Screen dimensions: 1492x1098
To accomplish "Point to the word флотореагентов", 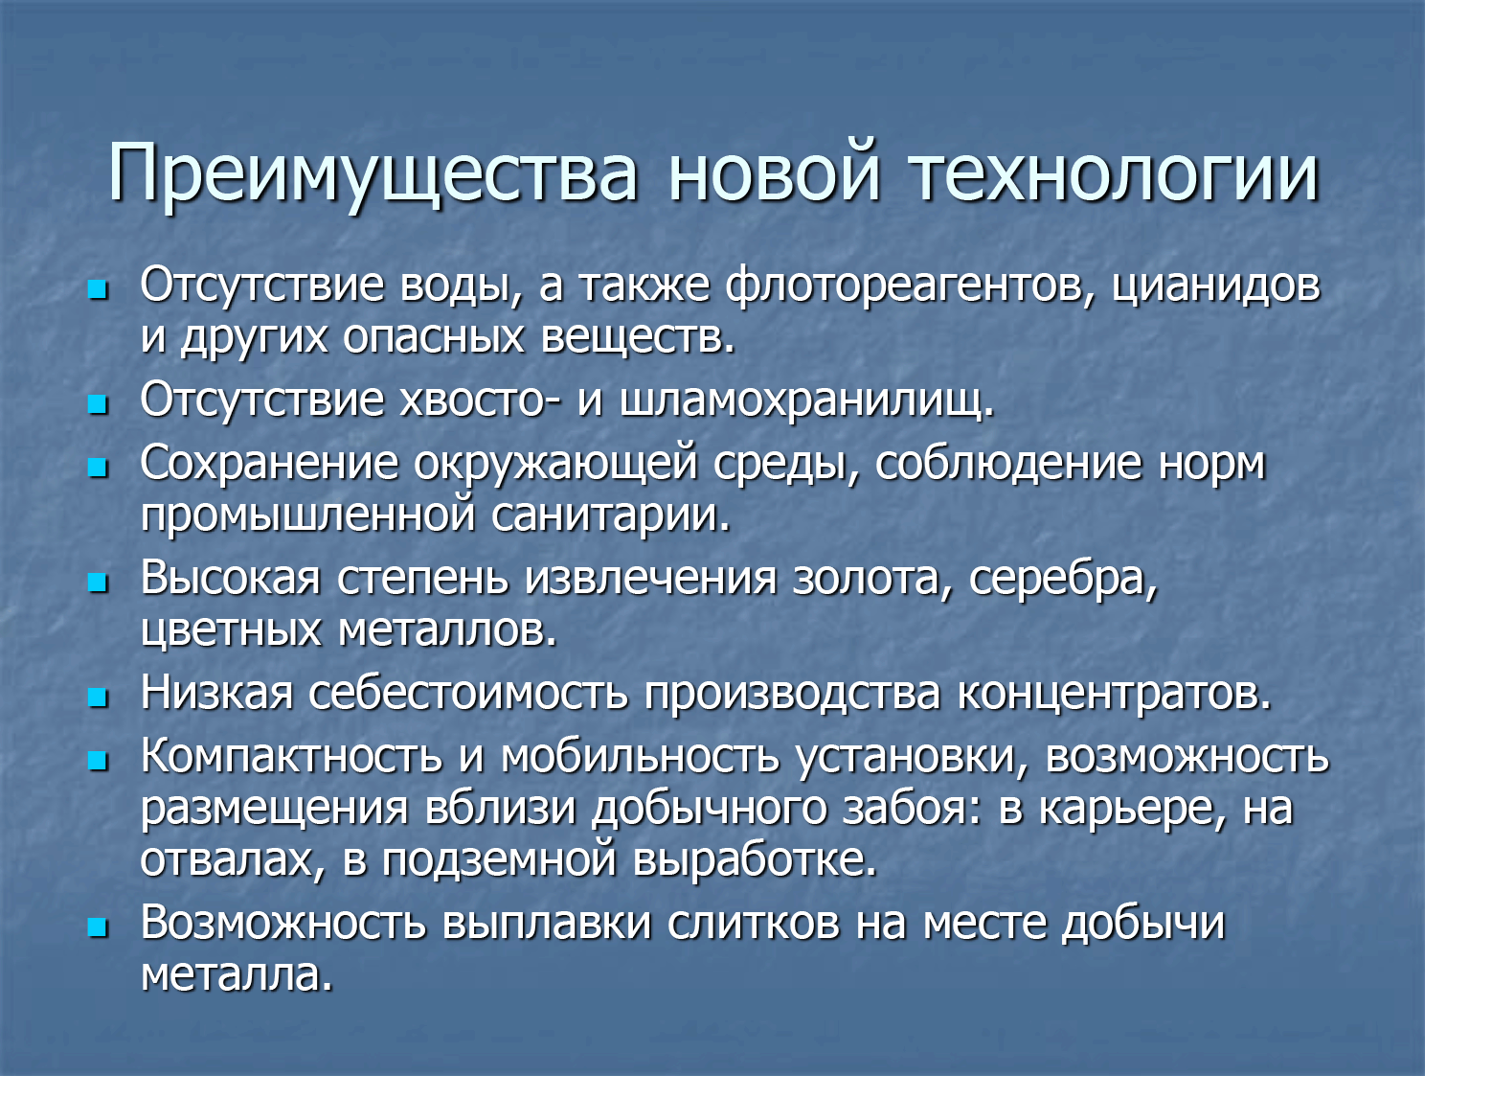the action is click(x=910, y=287).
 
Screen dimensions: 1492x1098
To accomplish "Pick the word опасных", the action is click(x=434, y=338).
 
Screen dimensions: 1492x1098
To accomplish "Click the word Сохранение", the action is click(x=269, y=464).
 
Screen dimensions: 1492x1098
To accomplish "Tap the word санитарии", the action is click(x=611, y=515).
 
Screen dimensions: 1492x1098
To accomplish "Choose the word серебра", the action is click(x=1063, y=581).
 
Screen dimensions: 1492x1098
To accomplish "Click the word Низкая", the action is click(x=216, y=694).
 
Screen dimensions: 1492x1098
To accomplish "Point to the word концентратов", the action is click(x=1115, y=695).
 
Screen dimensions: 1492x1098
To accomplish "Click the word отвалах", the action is click(x=233, y=859).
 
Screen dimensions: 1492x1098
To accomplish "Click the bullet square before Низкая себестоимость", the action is click(x=98, y=697).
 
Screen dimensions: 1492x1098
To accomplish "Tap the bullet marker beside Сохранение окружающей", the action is click(x=98, y=467).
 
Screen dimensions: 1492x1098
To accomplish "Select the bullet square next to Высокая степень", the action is click(x=98, y=583).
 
